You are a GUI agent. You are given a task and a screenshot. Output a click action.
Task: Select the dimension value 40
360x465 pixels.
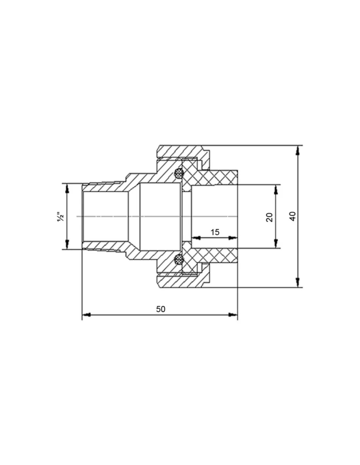tap(293, 216)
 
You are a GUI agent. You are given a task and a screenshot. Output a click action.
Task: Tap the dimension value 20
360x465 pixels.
tap(269, 217)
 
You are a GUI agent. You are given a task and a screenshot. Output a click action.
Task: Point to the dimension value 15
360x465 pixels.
tap(215, 232)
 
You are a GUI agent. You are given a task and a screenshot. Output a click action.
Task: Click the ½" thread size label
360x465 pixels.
tap(61, 217)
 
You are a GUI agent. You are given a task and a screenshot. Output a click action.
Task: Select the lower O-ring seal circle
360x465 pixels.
tap(178, 260)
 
